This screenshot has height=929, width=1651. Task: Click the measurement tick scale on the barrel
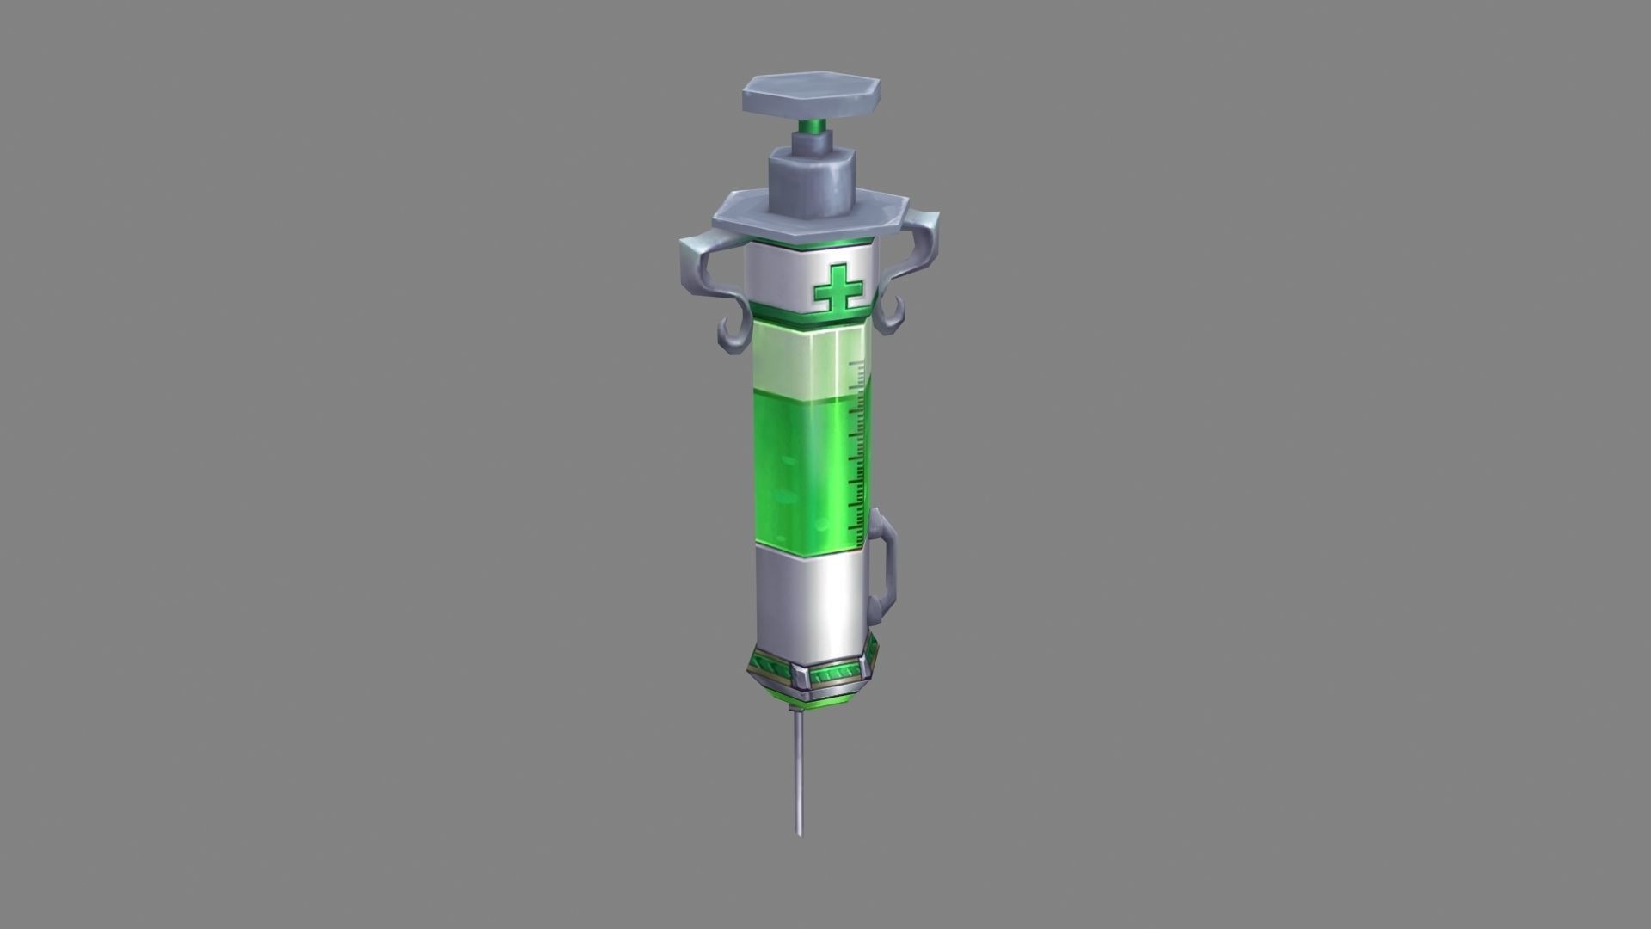[856, 447]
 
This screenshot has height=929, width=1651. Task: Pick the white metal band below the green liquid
[808, 594]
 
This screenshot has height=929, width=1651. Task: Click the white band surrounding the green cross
[774, 275]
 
